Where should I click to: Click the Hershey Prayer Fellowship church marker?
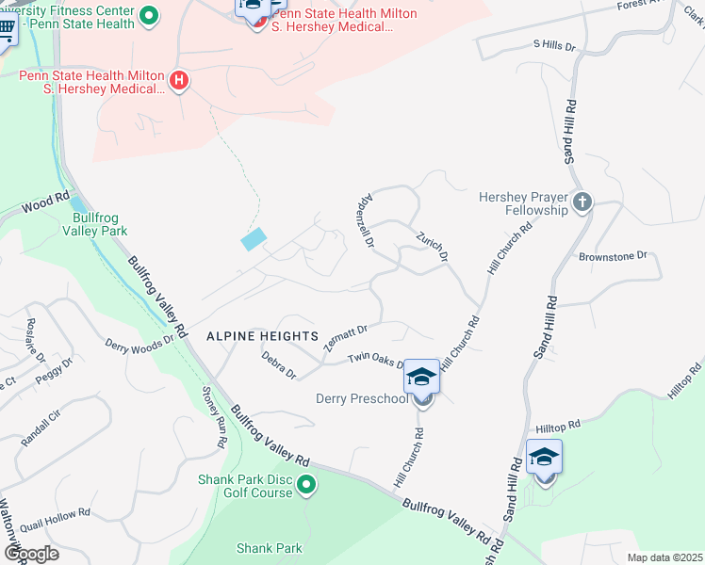(582, 202)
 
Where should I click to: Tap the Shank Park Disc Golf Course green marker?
(306, 486)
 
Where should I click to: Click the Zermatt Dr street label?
(345, 337)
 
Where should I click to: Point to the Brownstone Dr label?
(614, 255)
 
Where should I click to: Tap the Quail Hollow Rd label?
(58, 513)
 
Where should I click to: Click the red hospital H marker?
(179, 82)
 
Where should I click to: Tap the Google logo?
(31, 553)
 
